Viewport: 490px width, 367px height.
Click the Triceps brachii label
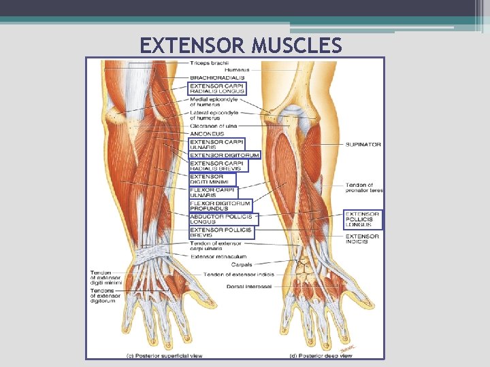click(209, 63)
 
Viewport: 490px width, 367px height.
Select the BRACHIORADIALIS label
click(216, 77)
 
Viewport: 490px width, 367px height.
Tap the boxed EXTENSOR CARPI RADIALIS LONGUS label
click(216, 88)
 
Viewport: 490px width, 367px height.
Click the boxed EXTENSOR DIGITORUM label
click(224, 155)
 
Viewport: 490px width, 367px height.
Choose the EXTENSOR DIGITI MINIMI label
click(212, 179)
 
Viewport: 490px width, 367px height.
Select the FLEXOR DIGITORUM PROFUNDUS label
click(220, 205)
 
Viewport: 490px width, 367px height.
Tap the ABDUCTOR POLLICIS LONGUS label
click(220, 219)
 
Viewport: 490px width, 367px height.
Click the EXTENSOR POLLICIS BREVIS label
click(220, 232)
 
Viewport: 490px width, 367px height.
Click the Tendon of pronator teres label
click(364, 188)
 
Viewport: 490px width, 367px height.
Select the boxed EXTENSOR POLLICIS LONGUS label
click(362, 220)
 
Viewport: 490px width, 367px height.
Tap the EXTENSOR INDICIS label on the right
click(361, 239)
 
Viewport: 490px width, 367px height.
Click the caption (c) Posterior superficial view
click(164, 353)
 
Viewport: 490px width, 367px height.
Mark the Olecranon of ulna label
click(213, 126)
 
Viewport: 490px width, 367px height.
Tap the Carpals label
click(242, 265)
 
